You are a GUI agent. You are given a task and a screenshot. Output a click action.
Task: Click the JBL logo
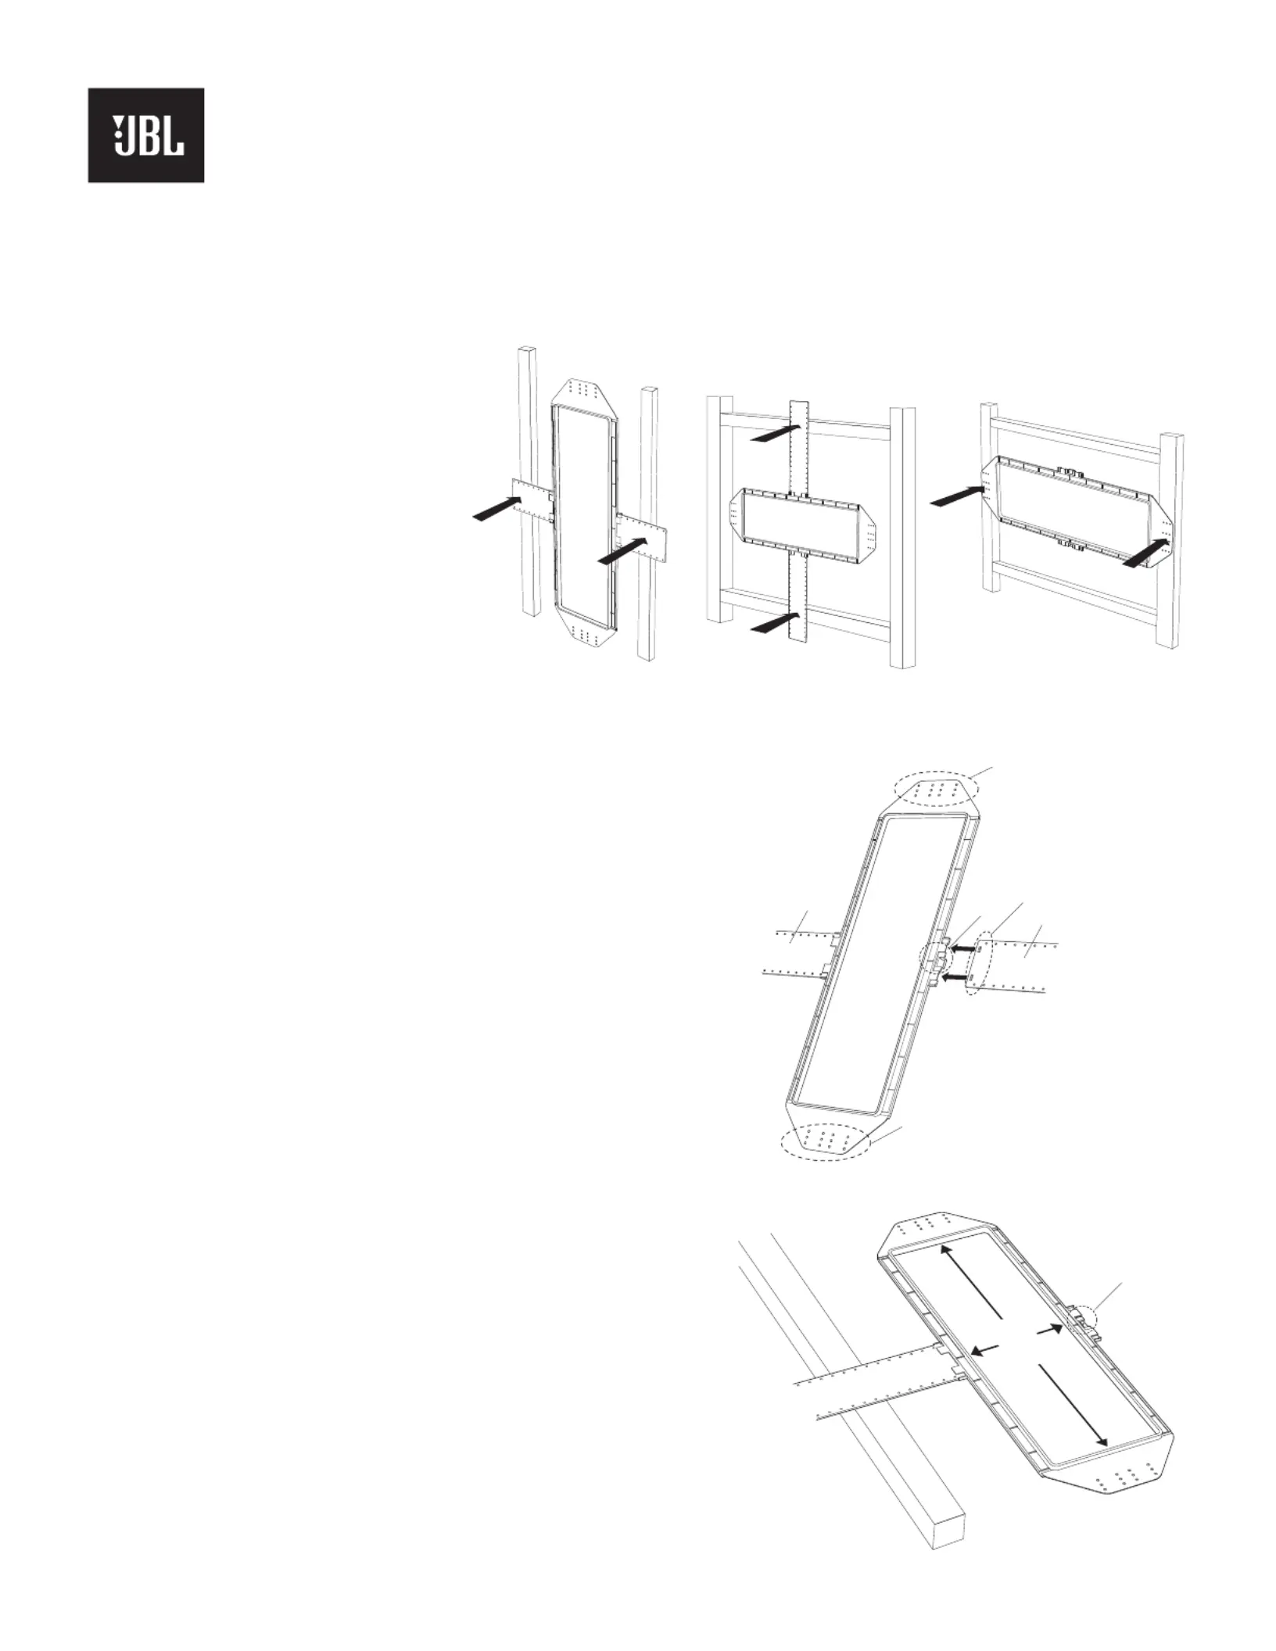145,135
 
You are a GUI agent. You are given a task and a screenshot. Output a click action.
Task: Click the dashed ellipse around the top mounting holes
937,792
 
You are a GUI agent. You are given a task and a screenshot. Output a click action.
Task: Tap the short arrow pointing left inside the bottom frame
985,1350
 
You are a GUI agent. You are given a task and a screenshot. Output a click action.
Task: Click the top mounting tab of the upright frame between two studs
584,392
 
